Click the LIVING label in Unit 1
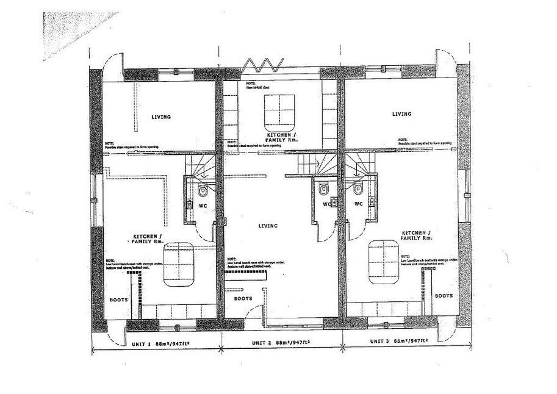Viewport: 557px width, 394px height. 161,116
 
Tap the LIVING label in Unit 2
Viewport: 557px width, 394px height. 268,226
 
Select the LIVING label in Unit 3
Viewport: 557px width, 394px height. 401,114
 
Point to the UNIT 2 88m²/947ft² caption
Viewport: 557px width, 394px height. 280,343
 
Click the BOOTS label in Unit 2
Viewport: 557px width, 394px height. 243,299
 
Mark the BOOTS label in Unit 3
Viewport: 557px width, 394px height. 444,295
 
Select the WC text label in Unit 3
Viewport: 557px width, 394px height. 359,204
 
